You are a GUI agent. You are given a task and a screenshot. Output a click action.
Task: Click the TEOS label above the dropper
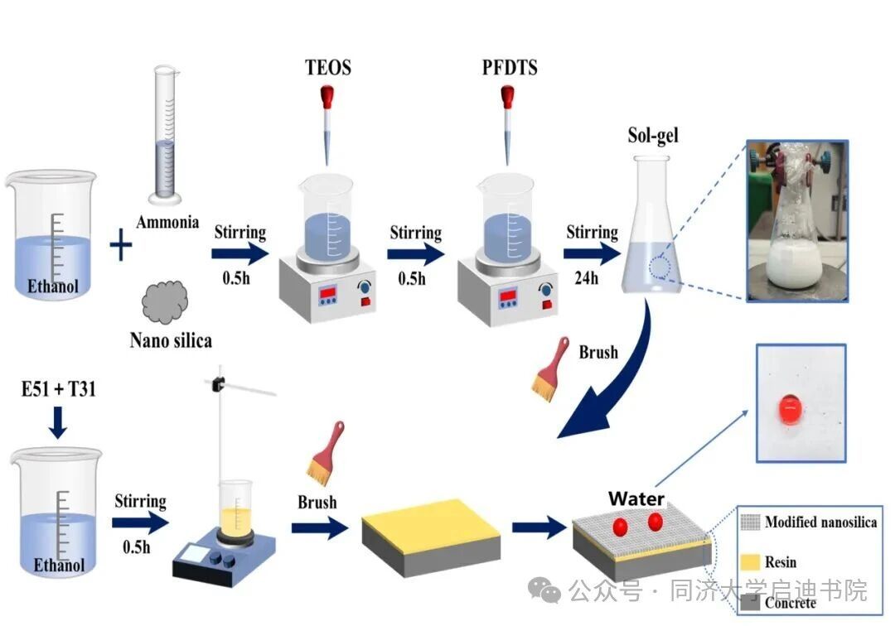pyautogui.click(x=327, y=67)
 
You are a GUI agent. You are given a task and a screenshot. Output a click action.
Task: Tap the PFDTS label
pyautogui.click(x=510, y=67)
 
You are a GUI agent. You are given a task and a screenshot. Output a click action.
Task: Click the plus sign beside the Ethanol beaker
pyautogui.click(x=121, y=246)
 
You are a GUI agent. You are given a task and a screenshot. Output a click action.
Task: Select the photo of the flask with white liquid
pyautogui.click(x=796, y=219)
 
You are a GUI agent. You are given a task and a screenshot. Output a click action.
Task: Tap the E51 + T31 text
pyautogui.click(x=58, y=388)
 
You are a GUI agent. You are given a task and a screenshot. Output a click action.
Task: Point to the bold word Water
pyautogui.click(x=636, y=499)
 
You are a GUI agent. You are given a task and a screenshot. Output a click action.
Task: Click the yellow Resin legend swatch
pyautogui.click(x=751, y=562)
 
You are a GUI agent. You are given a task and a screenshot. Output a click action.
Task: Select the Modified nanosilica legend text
pyautogui.click(x=820, y=522)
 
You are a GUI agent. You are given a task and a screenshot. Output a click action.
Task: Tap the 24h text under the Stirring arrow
pyautogui.click(x=585, y=277)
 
